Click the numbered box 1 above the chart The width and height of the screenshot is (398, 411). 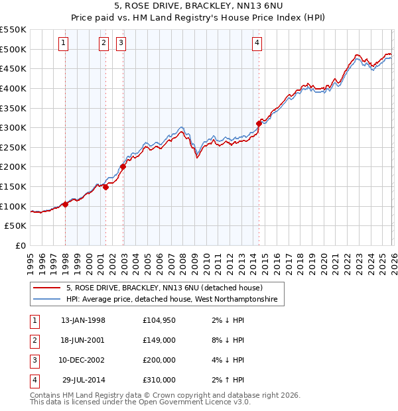[x=63, y=44]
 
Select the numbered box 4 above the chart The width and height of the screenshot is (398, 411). [x=257, y=44]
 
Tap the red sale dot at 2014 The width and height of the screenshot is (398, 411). [x=259, y=123]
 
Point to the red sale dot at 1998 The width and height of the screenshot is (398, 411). [x=66, y=204]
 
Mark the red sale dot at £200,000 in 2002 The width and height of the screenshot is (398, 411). [x=123, y=166]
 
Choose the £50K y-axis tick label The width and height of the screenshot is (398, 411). [x=16, y=226]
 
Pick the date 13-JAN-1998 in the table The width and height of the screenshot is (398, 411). [x=82, y=320]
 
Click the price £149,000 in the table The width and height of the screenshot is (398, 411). [x=159, y=340]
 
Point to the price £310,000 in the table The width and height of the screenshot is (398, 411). [x=159, y=380]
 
